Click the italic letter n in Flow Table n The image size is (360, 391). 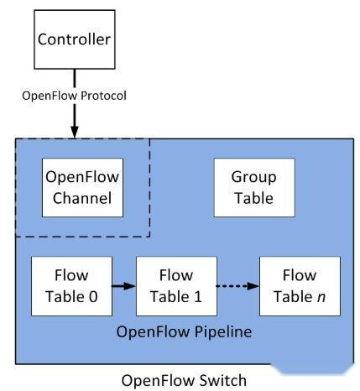pos(312,295)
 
